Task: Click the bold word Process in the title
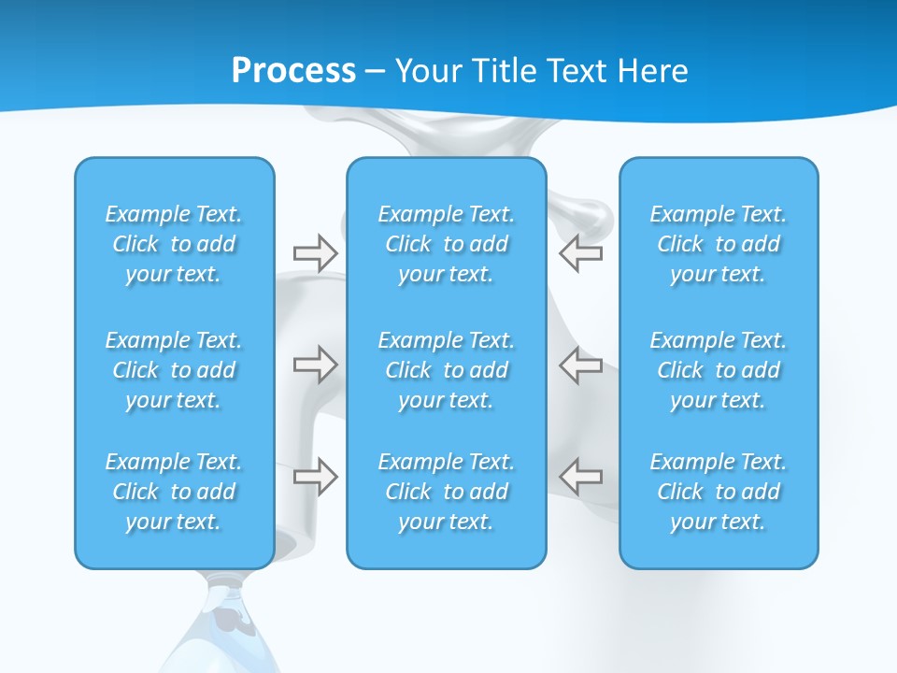pyautogui.click(x=293, y=71)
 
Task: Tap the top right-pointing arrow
pyautogui.click(x=315, y=253)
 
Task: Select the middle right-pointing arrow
pyautogui.click(x=315, y=365)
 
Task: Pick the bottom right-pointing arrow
pyautogui.click(x=315, y=477)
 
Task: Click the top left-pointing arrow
pyautogui.click(x=581, y=253)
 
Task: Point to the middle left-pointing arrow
pyautogui.click(x=581, y=365)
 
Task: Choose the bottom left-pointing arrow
pyautogui.click(x=581, y=477)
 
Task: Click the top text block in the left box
pyautogui.click(x=174, y=244)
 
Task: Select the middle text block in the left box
pyautogui.click(x=174, y=370)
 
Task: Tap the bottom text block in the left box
pyautogui.click(x=174, y=492)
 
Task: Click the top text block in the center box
pyautogui.click(x=447, y=244)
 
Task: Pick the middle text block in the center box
pyautogui.click(x=447, y=370)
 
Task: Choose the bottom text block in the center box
pyautogui.click(x=447, y=492)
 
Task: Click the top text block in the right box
pyautogui.click(x=719, y=244)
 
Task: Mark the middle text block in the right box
pyautogui.click(x=719, y=370)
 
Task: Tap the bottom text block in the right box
pyautogui.click(x=719, y=492)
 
